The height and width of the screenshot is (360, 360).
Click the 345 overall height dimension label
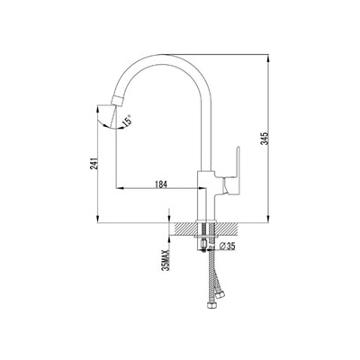pos(264,139)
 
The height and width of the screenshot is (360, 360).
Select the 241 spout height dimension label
pos(94,164)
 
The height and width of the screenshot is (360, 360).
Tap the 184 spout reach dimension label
pos(160,184)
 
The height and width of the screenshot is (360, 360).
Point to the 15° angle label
pos(127,121)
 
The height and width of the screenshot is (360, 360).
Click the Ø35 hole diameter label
pos(227,247)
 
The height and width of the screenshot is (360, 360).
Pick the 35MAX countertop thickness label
pos(166,260)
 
